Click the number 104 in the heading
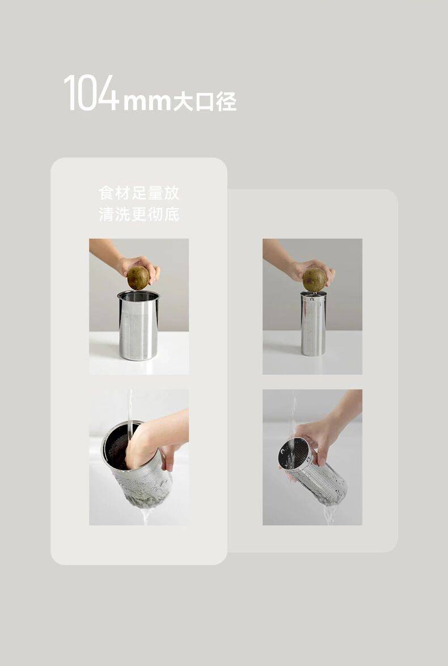tap(91, 93)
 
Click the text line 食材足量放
tap(139, 193)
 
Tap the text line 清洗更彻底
tap(139, 214)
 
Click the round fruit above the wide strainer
tap(138, 277)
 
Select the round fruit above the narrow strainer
tap(315, 279)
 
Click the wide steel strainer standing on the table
tap(138, 325)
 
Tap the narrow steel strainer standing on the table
tap(313, 324)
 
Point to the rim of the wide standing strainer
tap(138, 296)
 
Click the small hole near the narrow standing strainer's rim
tap(313, 299)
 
